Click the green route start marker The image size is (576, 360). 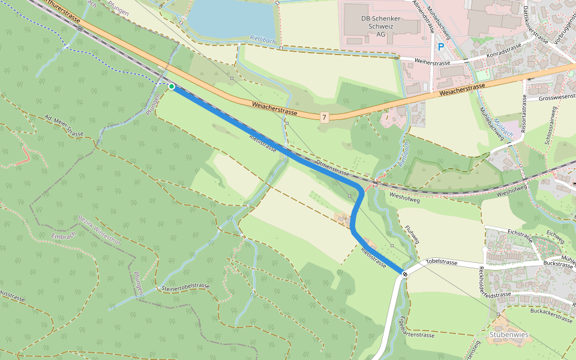click(172, 86)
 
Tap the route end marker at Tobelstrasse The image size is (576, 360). click(405, 274)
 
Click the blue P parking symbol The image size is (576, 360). click(442, 46)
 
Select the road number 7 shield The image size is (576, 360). click(324, 118)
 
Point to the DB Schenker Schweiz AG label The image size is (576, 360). click(380, 26)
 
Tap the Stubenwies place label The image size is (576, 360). click(508, 334)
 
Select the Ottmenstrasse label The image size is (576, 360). click(332, 167)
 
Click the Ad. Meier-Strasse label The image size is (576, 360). click(64, 125)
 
